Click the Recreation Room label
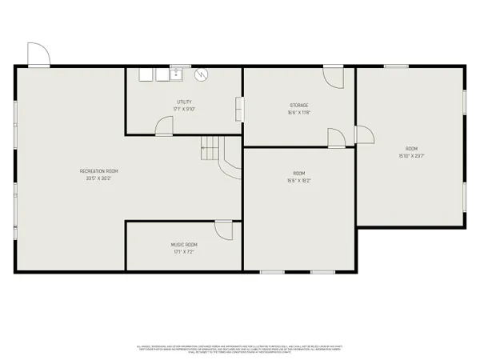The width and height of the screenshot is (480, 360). (99, 171)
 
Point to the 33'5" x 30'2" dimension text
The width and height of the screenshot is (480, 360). (99, 178)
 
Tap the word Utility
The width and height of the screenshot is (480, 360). (185, 102)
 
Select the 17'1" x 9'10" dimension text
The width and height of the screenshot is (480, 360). (185, 110)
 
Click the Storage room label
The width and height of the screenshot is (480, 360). (299, 106)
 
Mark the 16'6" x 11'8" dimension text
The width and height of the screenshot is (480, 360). (299, 113)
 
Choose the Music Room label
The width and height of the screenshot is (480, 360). (183, 244)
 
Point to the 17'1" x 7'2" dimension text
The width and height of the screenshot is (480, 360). (183, 251)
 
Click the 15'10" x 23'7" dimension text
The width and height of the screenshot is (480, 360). (411, 156)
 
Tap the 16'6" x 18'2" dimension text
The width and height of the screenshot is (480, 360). (298, 181)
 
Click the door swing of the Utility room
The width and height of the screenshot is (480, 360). (164, 126)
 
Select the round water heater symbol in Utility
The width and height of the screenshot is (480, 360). (202, 74)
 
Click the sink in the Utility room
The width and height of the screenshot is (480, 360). (175, 75)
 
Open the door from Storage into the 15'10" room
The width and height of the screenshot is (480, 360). (362, 136)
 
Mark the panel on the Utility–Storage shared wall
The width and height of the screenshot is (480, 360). (238, 107)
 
